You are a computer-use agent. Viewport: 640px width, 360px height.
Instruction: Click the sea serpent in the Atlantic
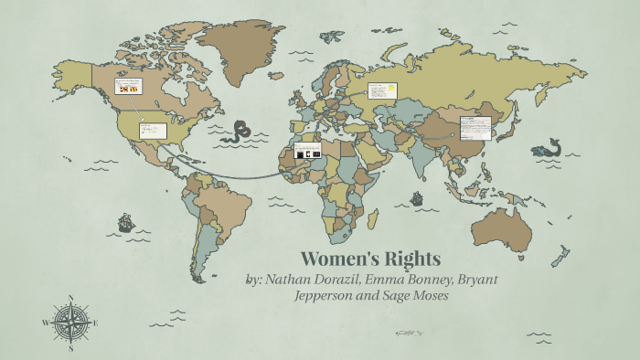[243, 131]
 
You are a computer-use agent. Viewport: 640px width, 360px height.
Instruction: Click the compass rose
[69, 322]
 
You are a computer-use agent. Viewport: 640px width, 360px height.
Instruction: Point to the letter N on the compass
[69, 297]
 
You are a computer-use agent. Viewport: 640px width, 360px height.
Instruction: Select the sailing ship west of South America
[125, 222]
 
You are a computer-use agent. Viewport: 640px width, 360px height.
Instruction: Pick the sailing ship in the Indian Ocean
[417, 197]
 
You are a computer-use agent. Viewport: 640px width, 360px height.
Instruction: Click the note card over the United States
[152, 131]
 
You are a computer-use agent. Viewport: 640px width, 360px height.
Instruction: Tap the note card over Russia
[381, 90]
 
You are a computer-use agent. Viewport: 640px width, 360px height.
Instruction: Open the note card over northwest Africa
[307, 152]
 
